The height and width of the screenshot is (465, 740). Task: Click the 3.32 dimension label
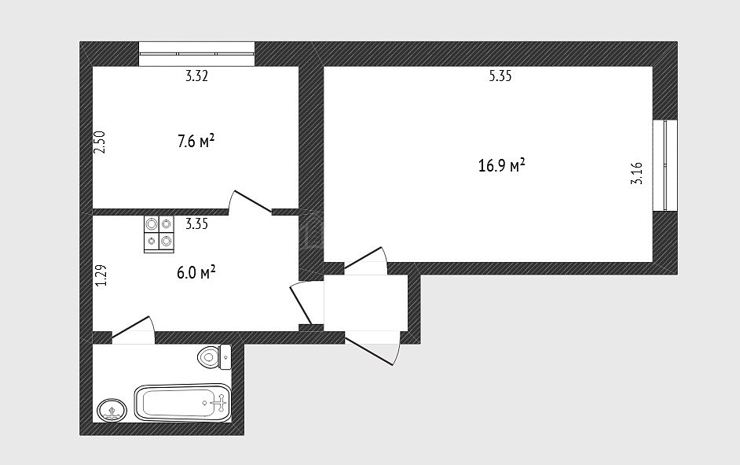pos(196,76)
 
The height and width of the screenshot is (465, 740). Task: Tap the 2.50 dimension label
pos(100,142)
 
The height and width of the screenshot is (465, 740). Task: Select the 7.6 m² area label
pos(196,141)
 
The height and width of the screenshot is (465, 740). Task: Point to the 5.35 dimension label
pos(500,76)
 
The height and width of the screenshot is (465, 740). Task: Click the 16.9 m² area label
pos(502,166)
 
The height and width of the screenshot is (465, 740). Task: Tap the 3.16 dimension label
pos(636,173)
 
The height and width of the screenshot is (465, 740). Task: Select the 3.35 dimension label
pos(196,223)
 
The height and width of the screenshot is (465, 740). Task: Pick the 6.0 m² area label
pos(196,273)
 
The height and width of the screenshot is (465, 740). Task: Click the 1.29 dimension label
pos(101,275)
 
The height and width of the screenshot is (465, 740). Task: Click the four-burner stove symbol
pos(159,234)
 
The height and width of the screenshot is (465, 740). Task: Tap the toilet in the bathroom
pos(214,356)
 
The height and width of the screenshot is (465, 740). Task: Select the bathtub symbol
pos(182,403)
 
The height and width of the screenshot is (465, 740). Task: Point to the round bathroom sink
pos(112,410)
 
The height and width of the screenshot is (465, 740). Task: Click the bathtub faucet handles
pos(220,403)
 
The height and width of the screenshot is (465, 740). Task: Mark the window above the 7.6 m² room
pos(197,54)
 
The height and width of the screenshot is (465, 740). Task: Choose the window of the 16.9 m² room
pos(665,165)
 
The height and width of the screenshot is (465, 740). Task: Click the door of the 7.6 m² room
pos(250,201)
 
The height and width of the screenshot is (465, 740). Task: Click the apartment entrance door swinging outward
pos(369,350)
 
